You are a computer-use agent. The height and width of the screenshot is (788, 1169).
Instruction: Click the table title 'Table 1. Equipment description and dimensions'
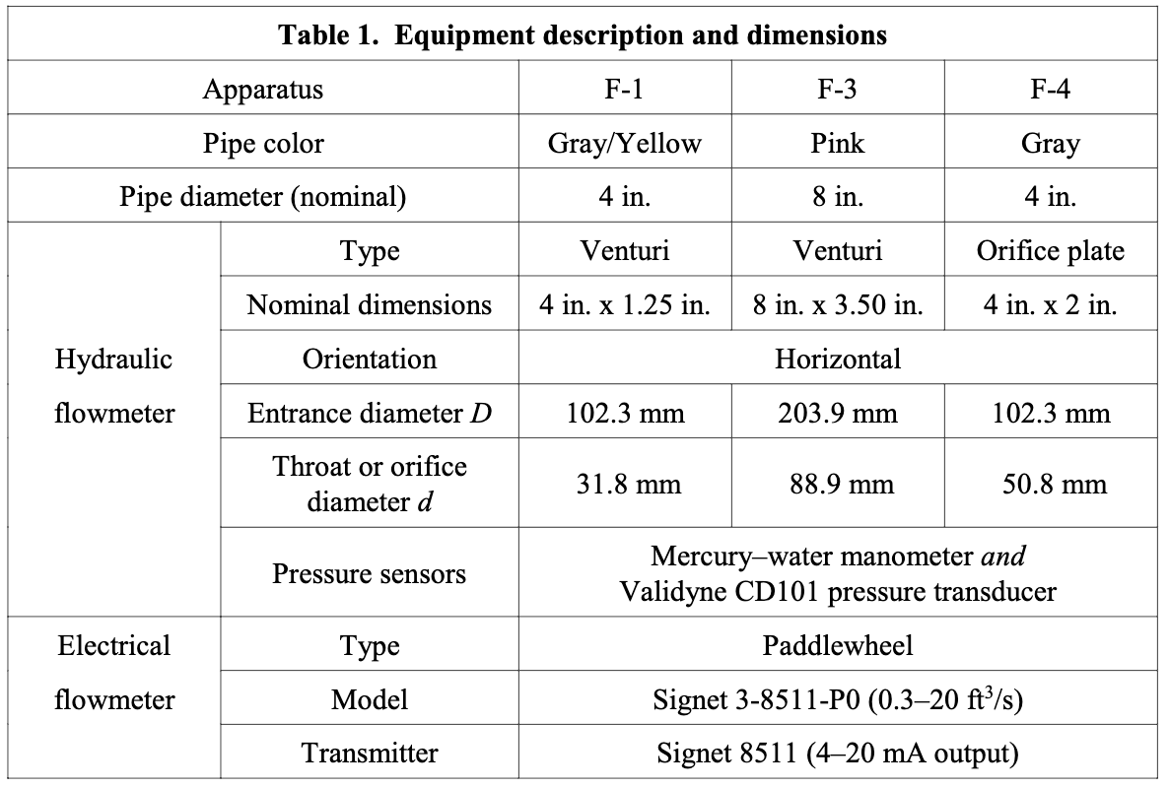click(583, 36)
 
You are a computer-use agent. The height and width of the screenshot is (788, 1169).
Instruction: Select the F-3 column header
click(838, 90)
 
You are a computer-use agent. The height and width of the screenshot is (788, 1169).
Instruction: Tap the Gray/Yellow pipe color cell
click(625, 144)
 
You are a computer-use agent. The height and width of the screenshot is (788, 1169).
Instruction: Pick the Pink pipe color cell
click(838, 144)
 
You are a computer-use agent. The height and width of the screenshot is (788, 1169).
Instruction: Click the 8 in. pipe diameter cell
click(838, 197)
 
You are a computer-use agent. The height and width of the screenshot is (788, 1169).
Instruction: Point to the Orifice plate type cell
click(1051, 251)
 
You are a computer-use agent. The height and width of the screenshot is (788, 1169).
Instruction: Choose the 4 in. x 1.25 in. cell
click(625, 304)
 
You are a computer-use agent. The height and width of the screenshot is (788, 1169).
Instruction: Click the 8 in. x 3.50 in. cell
click(838, 304)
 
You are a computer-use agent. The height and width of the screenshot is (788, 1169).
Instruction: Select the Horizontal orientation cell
click(838, 359)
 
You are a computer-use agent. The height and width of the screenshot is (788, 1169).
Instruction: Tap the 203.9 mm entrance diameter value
click(838, 413)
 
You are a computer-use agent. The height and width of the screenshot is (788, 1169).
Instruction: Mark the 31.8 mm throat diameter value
click(625, 484)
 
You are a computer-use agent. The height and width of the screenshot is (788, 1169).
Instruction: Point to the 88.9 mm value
click(838, 484)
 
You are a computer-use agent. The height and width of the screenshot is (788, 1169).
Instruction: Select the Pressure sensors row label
click(370, 573)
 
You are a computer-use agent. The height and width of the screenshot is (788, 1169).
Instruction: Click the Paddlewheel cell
click(838, 646)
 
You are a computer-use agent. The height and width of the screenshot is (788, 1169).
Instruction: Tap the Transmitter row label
click(370, 754)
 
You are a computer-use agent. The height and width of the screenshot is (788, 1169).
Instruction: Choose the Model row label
click(370, 700)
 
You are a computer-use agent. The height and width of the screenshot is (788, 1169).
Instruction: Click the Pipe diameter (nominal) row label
click(263, 197)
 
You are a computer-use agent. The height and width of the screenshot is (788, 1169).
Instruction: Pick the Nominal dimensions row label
click(370, 304)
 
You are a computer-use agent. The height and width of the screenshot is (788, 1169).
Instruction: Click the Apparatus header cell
click(263, 90)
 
